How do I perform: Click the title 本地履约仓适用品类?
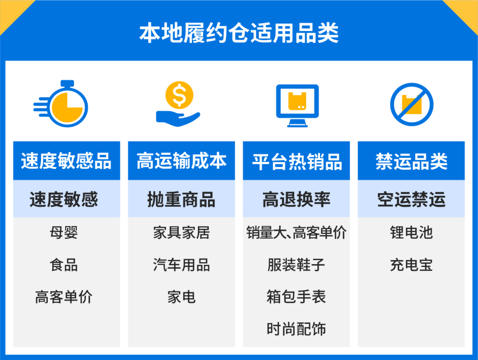click(x=239, y=33)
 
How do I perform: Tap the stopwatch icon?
click(x=62, y=105)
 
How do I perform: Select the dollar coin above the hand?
click(x=179, y=94)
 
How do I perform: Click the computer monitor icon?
click(x=297, y=104)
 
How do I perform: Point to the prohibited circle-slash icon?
click(x=411, y=105)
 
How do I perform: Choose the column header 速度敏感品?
click(x=66, y=161)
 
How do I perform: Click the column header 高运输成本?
click(x=181, y=161)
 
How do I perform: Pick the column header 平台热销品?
click(x=297, y=161)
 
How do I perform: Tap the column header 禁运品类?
click(x=411, y=161)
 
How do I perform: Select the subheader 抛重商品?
click(x=181, y=199)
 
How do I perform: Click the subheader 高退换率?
click(x=297, y=199)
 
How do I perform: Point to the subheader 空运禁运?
click(x=411, y=199)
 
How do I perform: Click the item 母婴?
click(x=64, y=233)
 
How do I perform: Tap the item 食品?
click(x=64, y=265)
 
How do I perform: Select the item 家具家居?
click(x=181, y=233)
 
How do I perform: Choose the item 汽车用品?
click(x=181, y=265)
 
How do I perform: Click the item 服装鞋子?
click(x=297, y=265)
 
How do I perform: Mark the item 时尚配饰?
click(x=297, y=329)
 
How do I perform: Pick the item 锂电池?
click(x=411, y=233)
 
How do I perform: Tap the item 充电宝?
click(x=411, y=265)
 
